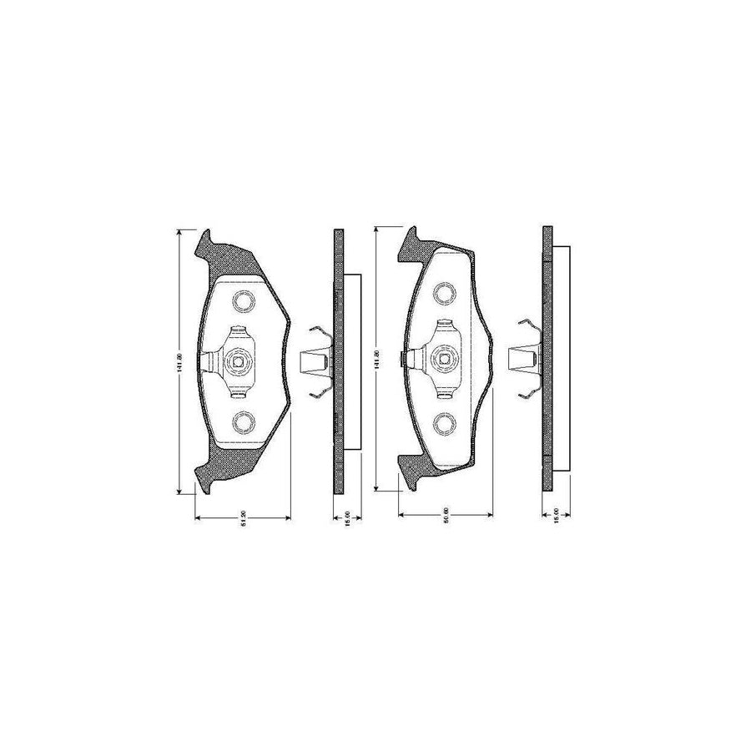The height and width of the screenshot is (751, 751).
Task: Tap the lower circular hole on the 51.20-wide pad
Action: pyautogui.click(x=243, y=422)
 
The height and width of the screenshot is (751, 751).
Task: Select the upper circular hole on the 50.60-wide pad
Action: pyautogui.click(x=446, y=293)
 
